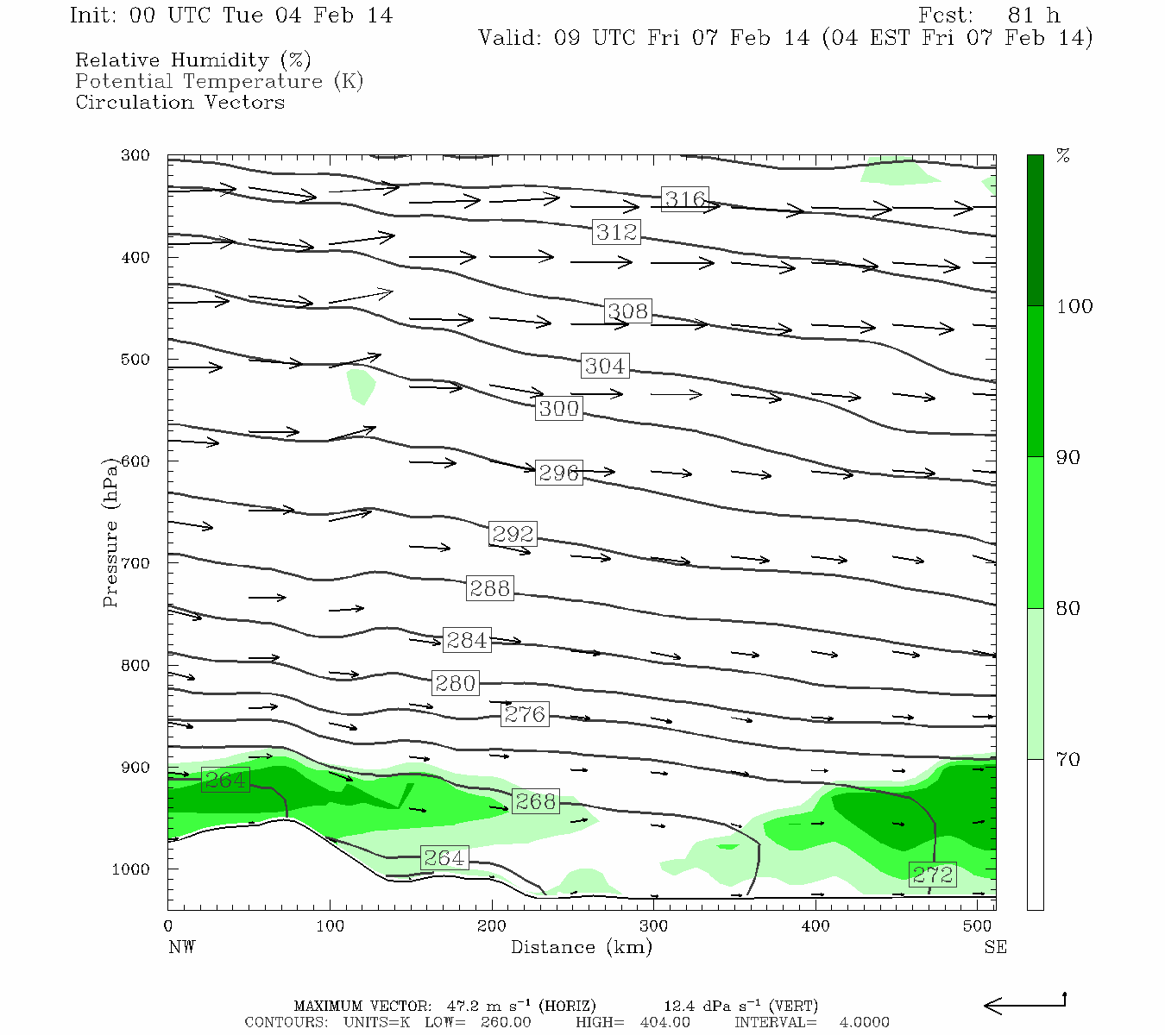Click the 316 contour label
tap(685, 199)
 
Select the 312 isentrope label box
tap(616, 232)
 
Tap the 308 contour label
tap(627, 311)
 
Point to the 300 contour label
tap(558, 408)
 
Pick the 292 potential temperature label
tap(513, 534)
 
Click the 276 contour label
tap(525, 714)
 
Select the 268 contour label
tap(535, 801)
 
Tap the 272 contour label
tap(933, 875)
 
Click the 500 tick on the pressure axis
tap(135, 360)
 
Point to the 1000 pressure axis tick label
tap(131, 869)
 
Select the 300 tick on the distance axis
tap(653, 926)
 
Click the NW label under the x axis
tap(181, 947)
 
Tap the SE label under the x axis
tap(995, 947)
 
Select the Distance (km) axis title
tap(581, 947)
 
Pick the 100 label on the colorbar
tap(1074, 306)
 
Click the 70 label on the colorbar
tap(1068, 759)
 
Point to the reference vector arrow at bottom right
tap(1024, 1004)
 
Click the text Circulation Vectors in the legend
tap(179, 102)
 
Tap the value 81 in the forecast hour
tap(1021, 16)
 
